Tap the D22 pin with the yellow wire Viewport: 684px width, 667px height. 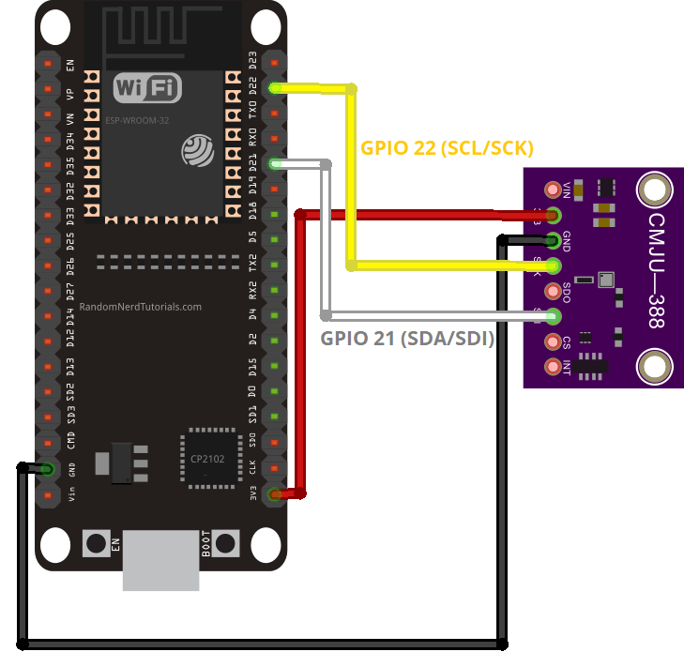tap(275, 88)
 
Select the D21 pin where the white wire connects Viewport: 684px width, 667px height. tap(275, 164)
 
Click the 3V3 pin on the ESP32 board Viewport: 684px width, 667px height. tap(275, 494)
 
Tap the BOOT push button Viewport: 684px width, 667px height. tap(225, 542)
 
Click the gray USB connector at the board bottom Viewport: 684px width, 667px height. tap(161, 560)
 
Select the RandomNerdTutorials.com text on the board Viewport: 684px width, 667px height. tap(141, 307)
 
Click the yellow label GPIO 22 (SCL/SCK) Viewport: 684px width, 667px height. tap(447, 148)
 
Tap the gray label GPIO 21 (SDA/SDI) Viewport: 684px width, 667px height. tap(407, 340)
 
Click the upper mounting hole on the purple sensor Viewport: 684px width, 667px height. tap(654, 190)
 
